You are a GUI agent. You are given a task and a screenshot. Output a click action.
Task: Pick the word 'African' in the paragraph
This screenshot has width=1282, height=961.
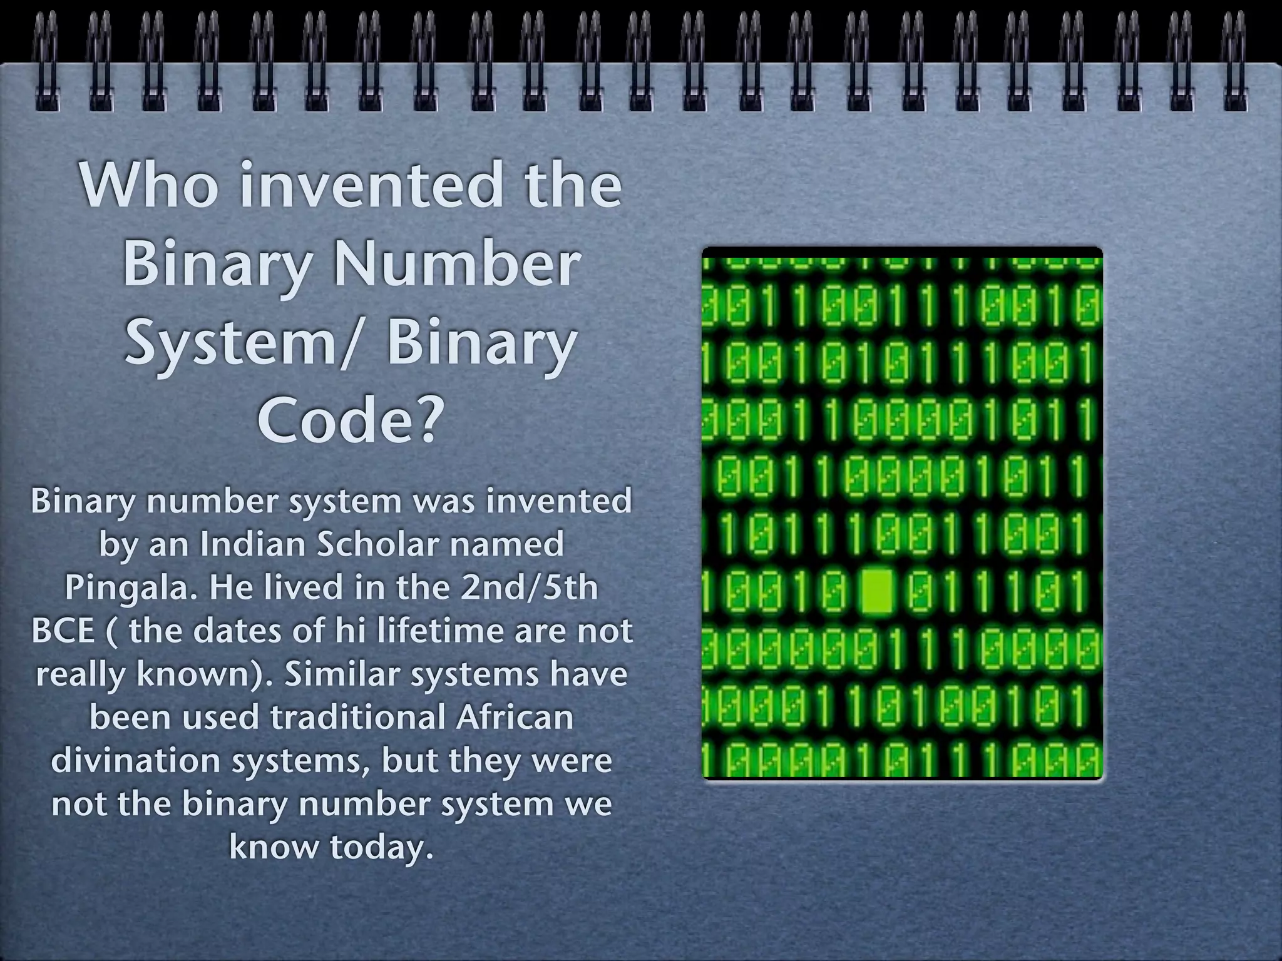coord(514,717)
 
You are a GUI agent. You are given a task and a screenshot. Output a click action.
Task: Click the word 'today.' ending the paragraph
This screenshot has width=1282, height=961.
coord(382,847)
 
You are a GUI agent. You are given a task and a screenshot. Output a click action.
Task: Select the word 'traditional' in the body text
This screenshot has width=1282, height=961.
coord(357,717)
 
